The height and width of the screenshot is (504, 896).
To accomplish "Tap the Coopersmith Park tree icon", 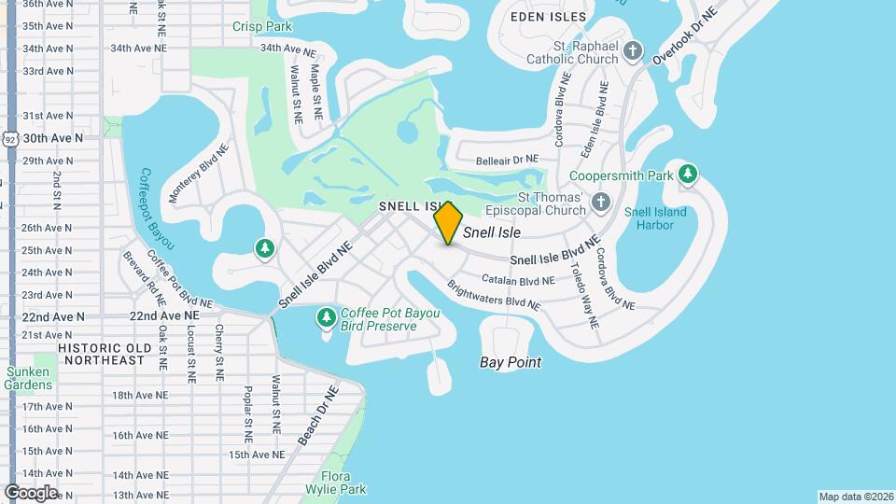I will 688,174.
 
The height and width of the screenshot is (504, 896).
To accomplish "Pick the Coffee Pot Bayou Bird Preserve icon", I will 326,319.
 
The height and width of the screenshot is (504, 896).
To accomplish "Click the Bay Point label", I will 511,362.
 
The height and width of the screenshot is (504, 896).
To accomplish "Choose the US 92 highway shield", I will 9,137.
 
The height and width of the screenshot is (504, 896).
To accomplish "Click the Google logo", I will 31,492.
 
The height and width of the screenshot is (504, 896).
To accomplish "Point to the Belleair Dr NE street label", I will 507,160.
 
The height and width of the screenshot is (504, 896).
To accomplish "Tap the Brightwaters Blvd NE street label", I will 493,296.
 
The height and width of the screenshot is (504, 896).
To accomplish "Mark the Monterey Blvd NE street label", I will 199,174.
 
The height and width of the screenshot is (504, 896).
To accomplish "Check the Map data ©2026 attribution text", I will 854,497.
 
